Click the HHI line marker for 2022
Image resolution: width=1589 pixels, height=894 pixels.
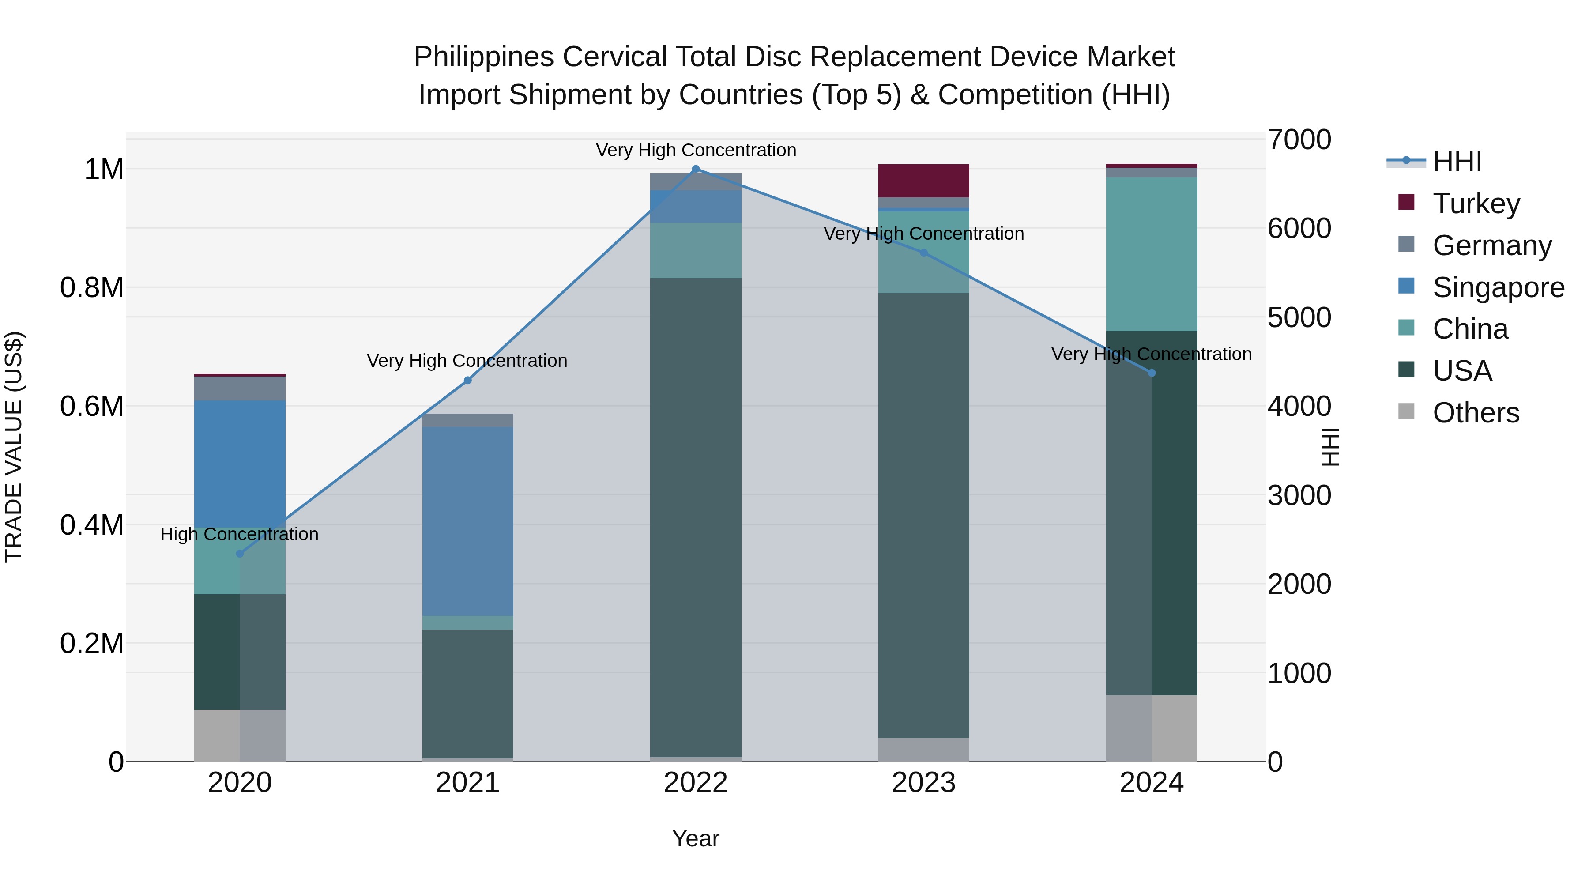click(x=696, y=169)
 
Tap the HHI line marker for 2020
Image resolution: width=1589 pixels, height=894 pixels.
click(x=240, y=554)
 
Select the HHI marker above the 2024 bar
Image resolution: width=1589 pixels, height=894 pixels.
click(x=1151, y=373)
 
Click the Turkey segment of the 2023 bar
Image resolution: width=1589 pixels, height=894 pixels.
click(x=923, y=181)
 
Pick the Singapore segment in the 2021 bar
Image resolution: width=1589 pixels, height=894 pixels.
click(x=467, y=521)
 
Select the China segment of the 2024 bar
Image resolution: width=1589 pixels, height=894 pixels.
click(x=1151, y=254)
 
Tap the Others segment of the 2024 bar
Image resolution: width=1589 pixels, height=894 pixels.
click(x=1151, y=728)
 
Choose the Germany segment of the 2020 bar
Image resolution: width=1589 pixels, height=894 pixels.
click(x=240, y=389)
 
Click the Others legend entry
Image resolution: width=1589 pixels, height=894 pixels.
click(x=1475, y=413)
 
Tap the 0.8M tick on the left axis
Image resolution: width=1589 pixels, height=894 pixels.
click(x=91, y=288)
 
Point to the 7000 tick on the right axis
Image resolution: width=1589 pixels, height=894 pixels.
click(x=1299, y=140)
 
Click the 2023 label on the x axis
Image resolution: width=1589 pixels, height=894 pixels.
click(x=923, y=783)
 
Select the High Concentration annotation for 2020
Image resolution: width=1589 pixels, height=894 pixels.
click(x=239, y=534)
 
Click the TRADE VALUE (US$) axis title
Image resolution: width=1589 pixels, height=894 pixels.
click(x=14, y=447)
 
